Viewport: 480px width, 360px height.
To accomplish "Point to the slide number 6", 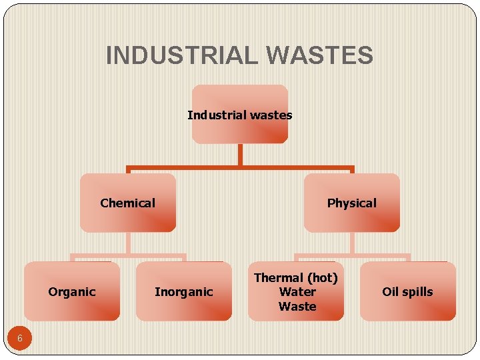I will (20, 338).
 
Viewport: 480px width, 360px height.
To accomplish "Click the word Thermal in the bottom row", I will (278, 277).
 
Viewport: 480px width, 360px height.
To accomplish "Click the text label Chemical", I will (128, 203).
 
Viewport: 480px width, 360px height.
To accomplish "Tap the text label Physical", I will (352, 203).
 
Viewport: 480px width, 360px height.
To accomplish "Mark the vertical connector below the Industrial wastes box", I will (240, 155).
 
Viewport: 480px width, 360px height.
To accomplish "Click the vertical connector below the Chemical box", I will (128, 243).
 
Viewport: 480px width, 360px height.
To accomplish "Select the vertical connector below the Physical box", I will (352, 243).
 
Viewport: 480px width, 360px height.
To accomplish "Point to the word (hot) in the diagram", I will (321, 277).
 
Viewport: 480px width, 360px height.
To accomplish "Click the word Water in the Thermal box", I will (297, 292).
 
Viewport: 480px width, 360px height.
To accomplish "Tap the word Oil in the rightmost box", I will (390, 292).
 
